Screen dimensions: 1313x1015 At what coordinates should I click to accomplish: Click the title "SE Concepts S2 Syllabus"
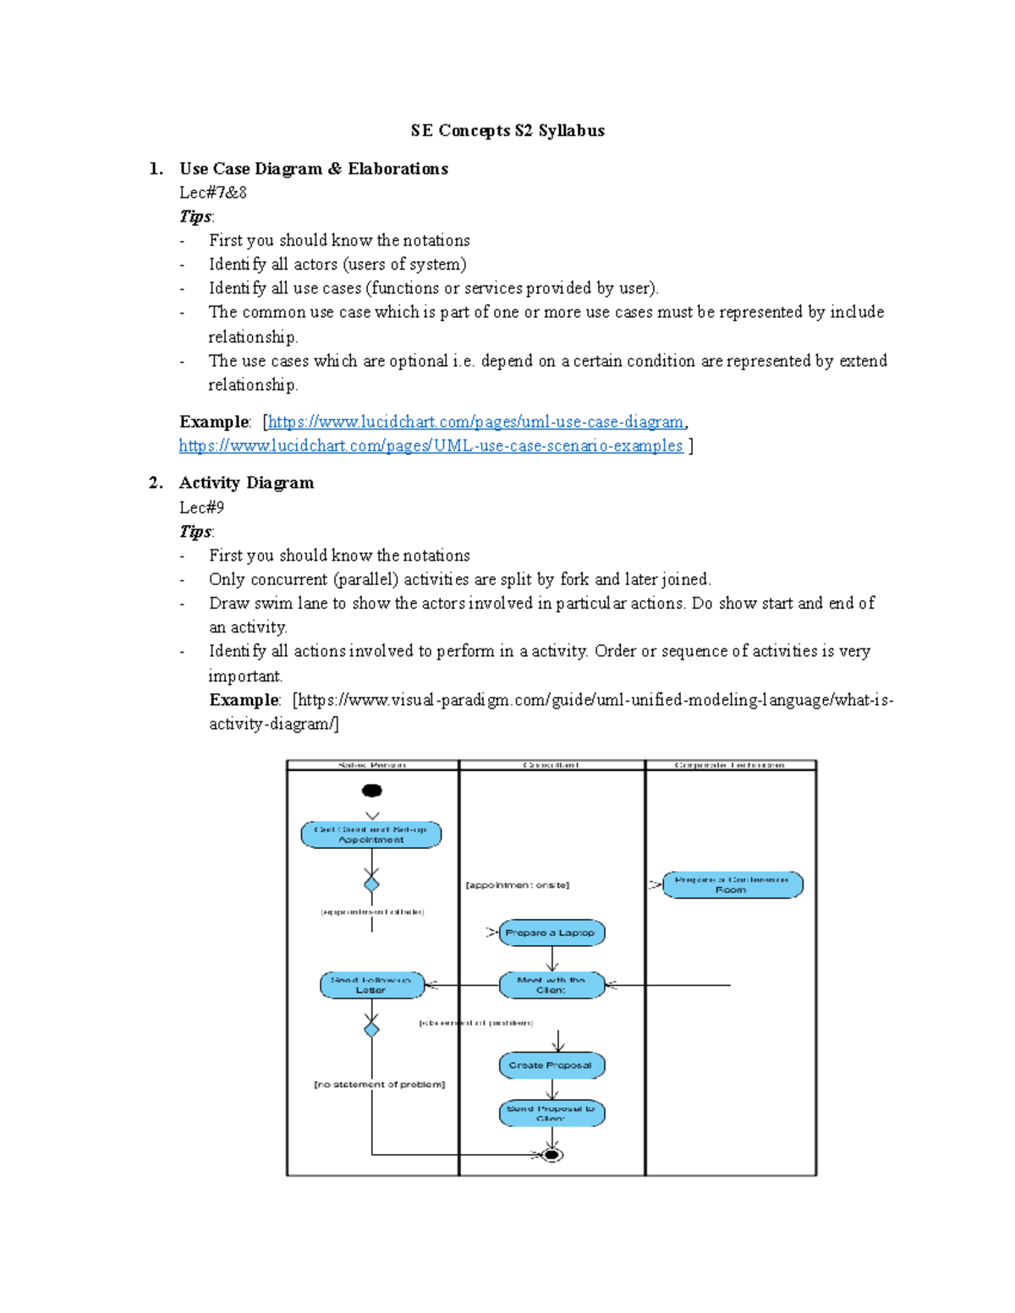[507, 130]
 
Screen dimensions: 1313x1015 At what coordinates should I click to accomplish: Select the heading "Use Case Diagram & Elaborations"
[313, 168]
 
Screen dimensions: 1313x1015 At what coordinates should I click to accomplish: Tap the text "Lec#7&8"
[213, 192]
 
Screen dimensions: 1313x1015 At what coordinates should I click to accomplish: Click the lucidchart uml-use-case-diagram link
[476, 421]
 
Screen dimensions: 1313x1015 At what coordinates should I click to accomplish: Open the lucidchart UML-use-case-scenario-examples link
[431, 446]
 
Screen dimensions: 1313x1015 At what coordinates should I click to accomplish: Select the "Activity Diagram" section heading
[246, 483]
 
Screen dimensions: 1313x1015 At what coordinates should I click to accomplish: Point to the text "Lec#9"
[201, 507]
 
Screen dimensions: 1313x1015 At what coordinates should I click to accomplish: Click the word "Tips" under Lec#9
[195, 531]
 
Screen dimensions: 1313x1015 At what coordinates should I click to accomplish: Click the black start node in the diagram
[371, 791]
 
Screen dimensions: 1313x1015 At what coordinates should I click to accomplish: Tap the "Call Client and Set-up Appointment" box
[371, 834]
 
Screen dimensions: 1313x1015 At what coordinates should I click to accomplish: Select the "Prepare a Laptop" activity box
[551, 933]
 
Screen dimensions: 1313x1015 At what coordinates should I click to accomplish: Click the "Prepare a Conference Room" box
[732, 884]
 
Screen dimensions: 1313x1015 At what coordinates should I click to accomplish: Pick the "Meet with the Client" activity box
[551, 985]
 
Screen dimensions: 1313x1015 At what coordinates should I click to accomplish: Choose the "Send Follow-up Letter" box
[371, 985]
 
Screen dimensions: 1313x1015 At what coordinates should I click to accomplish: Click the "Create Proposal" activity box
[551, 1065]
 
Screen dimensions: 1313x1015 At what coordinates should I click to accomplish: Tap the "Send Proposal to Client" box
[551, 1113]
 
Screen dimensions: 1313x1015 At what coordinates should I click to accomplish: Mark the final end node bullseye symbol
[551, 1155]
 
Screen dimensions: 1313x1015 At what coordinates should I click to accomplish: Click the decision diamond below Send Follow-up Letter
[371, 1029]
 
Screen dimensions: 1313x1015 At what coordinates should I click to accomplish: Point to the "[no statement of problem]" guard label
[379, 1084]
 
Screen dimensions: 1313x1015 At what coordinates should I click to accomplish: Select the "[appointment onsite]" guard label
[518, 885]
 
